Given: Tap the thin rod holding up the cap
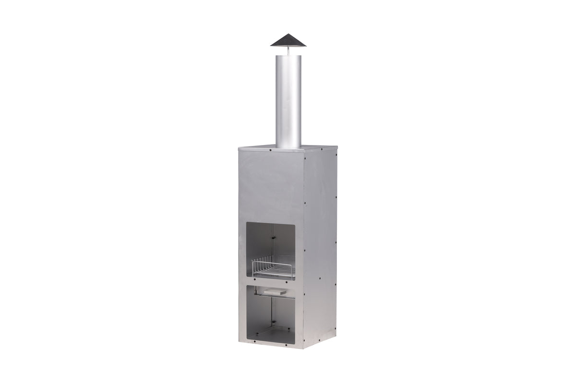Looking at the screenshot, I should click(x=288, y=50).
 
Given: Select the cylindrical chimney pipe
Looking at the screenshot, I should click(x=288, y=101).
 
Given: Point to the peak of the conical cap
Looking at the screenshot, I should click(x=288, y=34).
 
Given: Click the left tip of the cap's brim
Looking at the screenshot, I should click(x=271, y=45).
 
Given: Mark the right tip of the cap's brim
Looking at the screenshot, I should click(x=306, y=45).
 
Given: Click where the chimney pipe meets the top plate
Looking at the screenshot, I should click(x=288, y=146).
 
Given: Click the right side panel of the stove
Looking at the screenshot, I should click(x=321, y=240).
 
